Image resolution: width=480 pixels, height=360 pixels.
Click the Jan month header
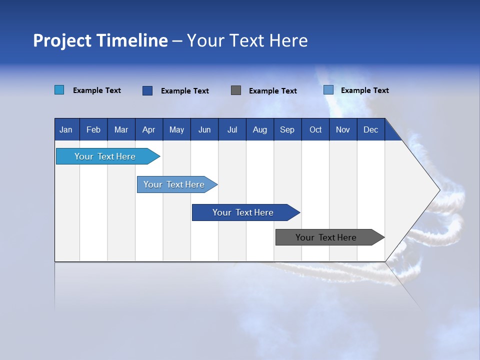point(66,129)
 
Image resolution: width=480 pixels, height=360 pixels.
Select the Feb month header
point(93,129)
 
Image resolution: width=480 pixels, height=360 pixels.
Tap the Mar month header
point(121,129)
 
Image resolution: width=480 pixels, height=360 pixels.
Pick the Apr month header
point(148,129)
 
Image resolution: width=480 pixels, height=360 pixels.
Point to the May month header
point(176,129)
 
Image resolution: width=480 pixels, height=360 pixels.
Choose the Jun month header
point(204,129)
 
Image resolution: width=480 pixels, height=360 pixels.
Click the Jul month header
point(232,129)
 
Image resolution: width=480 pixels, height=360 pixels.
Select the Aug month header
point(259,129)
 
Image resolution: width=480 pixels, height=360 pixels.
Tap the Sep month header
point(287,129)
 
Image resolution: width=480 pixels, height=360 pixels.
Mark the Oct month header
point(315,129)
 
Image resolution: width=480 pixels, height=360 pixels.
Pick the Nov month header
point(343,129)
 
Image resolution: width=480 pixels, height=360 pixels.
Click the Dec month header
point(370,129)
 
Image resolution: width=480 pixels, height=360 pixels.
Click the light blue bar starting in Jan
point(105,156)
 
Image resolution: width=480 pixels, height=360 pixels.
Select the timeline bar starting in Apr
point(174,184)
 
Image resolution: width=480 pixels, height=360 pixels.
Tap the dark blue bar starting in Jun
point(243,212)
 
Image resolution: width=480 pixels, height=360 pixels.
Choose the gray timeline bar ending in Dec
point(326,237)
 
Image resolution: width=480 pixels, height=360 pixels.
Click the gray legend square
point(236,90)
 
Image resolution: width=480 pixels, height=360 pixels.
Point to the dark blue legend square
point(147,90)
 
